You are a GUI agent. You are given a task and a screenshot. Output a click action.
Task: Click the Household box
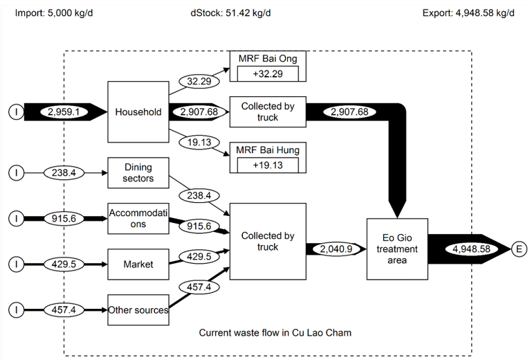(138, 111)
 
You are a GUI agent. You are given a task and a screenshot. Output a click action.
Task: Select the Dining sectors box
(138, 172)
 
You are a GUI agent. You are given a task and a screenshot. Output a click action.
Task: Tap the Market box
(138, 264)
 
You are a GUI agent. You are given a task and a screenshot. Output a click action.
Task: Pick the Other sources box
(138, 309)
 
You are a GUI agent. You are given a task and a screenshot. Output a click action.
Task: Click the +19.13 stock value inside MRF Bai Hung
(268, 165)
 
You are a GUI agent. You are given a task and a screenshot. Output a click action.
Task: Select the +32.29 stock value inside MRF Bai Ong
(268, 73)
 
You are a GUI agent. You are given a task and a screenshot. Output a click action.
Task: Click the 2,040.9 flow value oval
(337, 248)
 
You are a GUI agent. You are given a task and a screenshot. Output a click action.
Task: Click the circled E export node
(519, 248)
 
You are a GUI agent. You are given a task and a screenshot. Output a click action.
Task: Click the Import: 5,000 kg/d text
(54, 13)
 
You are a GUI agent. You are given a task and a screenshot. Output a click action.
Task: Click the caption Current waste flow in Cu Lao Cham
(275, 333)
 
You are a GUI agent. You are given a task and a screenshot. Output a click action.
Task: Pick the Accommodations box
(138, 218)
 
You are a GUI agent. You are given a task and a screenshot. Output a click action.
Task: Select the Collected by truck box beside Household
(268, 111)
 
